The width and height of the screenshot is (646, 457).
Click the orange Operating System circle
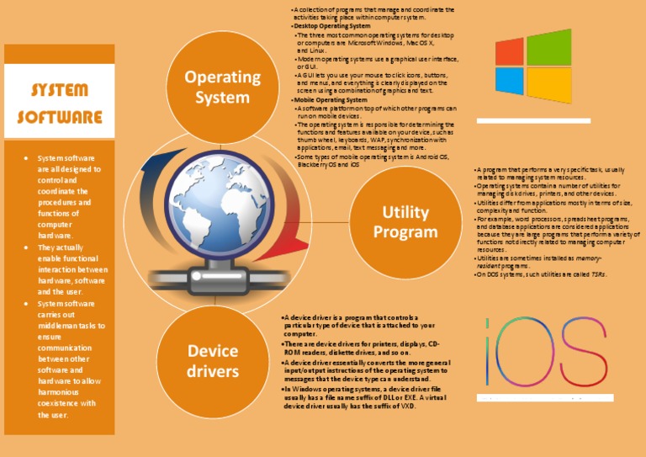click(x=223, y=87)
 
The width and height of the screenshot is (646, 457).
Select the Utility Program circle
click(x=405, y=222)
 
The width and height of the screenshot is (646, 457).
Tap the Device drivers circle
click(x=212, y=360)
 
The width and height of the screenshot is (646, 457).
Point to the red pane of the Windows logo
click(x=510, y=51)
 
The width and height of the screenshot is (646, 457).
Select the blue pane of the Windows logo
click(x=510, y=81)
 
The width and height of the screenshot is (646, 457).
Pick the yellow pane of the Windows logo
click(x=548, y=85)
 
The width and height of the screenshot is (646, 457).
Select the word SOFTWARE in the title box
click(x=59, y=116)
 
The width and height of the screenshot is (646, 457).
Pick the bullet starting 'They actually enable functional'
click(x=67, y=269)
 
